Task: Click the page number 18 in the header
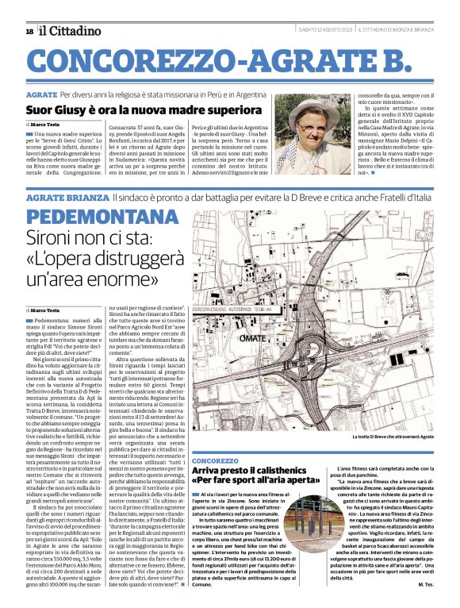click(x=29, y=31)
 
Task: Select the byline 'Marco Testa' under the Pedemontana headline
click(x=46, y=310)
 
